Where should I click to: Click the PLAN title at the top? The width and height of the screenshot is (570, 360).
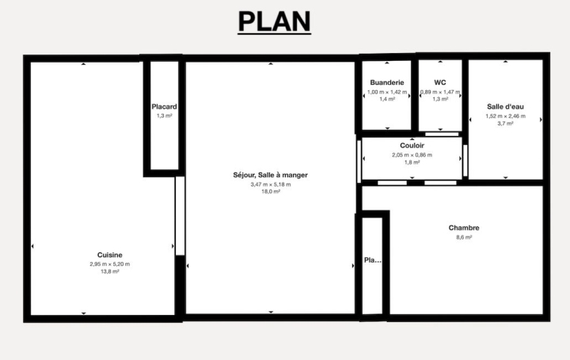point(275,21)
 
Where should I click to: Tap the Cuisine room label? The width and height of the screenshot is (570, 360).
point(109,255)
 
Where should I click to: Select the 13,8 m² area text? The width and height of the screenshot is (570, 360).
point(109,271)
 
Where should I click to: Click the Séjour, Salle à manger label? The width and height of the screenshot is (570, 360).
point(270,175)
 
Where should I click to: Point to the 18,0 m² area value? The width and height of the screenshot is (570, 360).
point(270,191)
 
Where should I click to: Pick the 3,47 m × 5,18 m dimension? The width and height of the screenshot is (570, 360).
point(270,184)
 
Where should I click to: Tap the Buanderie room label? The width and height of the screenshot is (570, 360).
point(387,82)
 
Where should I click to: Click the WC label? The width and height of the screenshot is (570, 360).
point(441,82)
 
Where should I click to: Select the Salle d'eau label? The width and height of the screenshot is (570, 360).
point(505,106)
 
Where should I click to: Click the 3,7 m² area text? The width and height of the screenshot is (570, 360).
point(505,123)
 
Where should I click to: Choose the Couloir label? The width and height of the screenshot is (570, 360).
point(412,146)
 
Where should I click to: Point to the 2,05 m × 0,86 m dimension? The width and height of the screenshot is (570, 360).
point(412,154)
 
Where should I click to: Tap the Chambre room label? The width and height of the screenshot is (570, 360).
point(464,228)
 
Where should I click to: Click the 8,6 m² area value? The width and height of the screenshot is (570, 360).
point(464,237)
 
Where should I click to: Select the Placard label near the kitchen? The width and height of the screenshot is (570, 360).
point(164,107)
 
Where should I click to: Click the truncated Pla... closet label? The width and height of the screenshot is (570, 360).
point(372,260)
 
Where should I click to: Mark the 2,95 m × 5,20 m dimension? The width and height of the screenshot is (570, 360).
point(109,263)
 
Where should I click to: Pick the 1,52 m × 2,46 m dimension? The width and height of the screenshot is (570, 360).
point(505,116)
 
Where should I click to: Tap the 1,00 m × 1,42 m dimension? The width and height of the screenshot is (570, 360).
point(387,92)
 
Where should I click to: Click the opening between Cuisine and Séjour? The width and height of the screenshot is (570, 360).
point(180,216)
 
